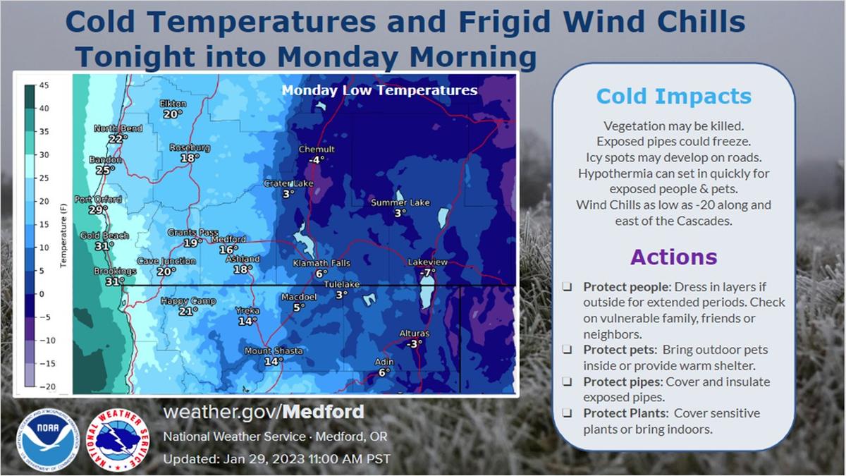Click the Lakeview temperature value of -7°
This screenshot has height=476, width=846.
click(427, 272)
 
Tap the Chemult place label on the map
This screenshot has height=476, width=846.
click(317, 149)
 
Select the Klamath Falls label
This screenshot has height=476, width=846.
click(321, 263)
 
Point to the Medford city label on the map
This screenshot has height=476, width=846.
click(228, 239)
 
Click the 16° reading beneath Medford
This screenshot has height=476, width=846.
click(228, 250)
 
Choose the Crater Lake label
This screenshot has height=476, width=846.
click(288, 183)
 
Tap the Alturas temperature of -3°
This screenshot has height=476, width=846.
click(415, 344)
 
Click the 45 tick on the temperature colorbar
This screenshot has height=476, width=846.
click(44, 85)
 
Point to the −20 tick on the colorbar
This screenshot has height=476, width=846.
click(48, 386)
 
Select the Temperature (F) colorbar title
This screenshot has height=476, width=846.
click(63, 236)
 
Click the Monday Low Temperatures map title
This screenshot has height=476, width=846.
click(379, 90)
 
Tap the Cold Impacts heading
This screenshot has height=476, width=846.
click(674, 97)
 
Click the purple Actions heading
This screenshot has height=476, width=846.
click(674, 257)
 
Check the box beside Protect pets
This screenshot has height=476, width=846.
click(567, 350)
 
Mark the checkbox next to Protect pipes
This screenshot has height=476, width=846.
click(567, 382)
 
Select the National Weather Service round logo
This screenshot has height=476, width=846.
click(118, 440)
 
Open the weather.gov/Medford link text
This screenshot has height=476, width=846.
click(264, 412)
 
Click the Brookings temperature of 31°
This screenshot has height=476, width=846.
click(115, 281)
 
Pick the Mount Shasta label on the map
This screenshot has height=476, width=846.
click(274, 351)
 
